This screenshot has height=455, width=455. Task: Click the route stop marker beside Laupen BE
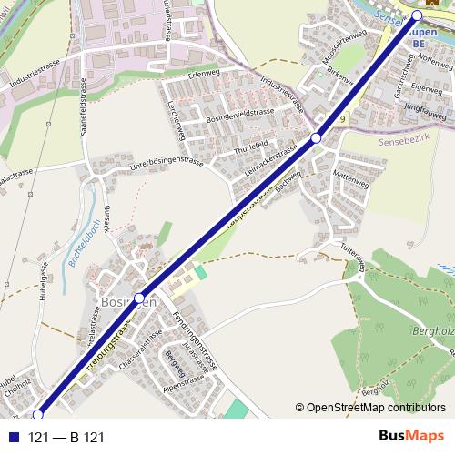418,15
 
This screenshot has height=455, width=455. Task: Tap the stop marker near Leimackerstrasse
316,137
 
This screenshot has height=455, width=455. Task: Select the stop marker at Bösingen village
139,298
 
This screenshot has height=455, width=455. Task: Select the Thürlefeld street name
250,145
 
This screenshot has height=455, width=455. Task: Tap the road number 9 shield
342,119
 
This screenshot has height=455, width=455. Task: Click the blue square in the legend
15,438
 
